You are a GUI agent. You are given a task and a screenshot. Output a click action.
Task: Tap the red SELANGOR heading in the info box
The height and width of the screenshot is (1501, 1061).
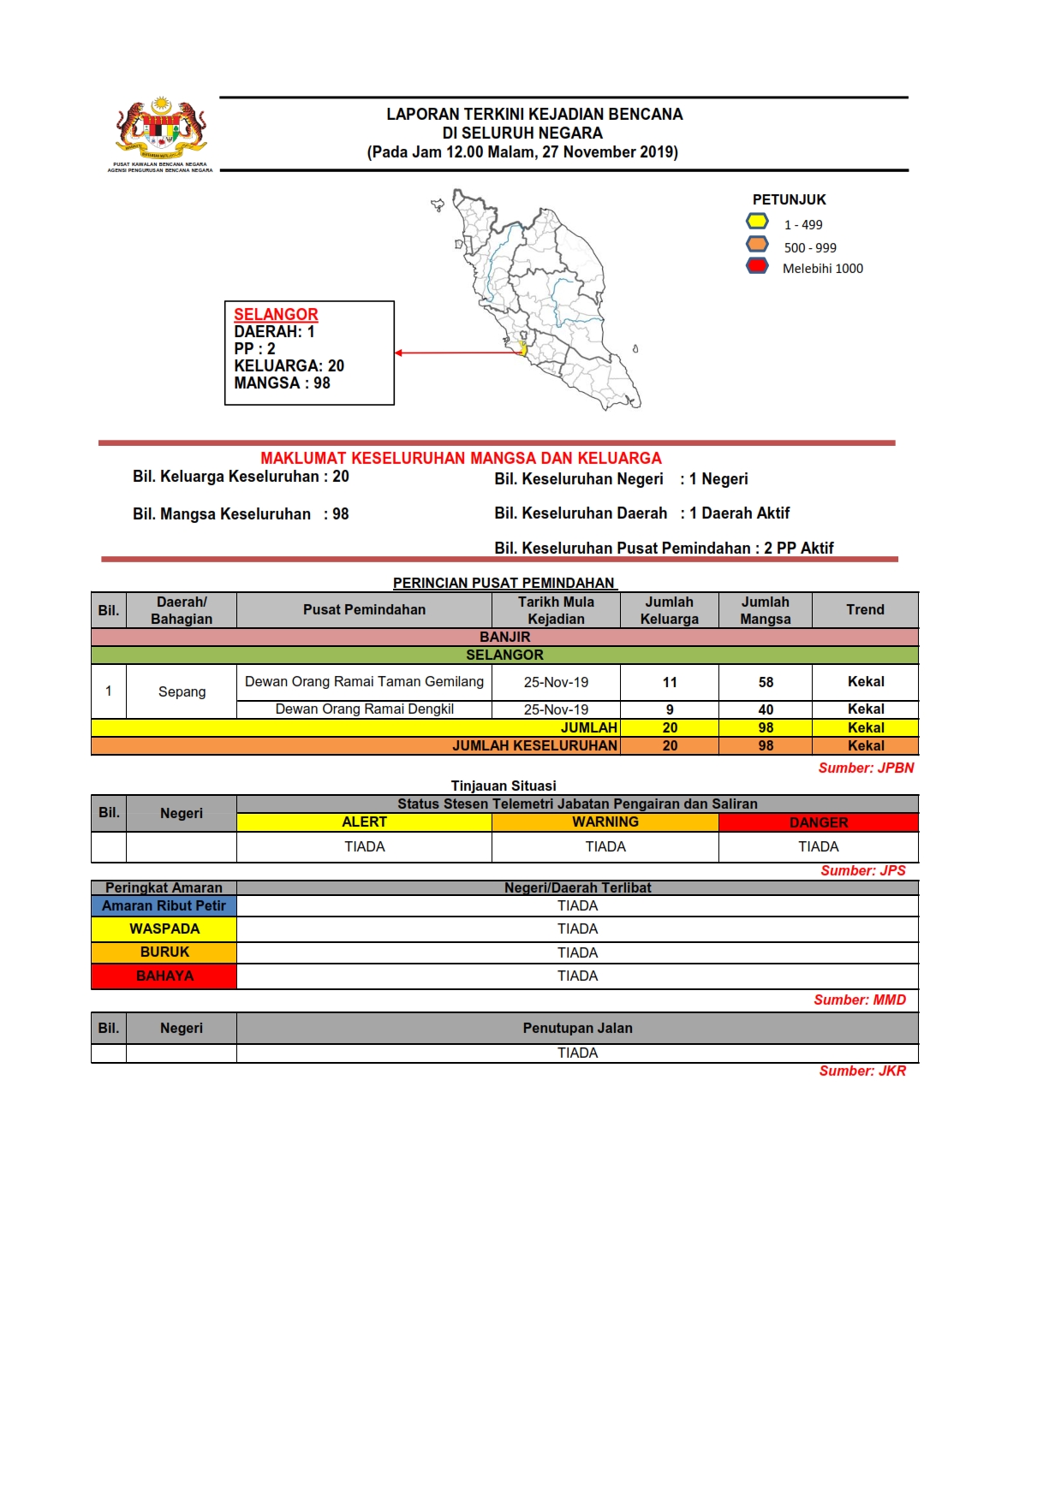276,314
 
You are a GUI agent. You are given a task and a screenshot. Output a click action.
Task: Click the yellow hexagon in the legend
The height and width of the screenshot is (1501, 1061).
757,222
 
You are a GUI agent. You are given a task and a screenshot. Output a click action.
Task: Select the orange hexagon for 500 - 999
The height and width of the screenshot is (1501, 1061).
757,244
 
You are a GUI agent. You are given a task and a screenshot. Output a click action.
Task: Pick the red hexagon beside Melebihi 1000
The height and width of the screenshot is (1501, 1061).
757,265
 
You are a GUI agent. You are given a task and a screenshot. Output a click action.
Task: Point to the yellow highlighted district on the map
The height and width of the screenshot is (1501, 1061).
523,347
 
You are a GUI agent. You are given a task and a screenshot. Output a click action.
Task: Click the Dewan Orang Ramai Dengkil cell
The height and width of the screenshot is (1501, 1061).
364,709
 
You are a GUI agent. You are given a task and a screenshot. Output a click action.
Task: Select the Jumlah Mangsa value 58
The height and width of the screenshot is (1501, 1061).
766,682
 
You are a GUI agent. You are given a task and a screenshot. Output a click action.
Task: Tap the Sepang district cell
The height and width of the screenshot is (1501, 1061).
182,691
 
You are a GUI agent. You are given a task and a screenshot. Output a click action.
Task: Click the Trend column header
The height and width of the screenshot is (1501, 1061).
865,609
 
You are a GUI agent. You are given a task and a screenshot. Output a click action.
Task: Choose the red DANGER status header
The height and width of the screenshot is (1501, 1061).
818,822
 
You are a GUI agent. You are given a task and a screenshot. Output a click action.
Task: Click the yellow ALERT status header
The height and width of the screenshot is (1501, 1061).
364,822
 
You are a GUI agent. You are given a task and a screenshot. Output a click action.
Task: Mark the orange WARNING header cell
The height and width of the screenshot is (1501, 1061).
605,822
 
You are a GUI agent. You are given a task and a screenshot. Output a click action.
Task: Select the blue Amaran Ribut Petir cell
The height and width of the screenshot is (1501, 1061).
164,905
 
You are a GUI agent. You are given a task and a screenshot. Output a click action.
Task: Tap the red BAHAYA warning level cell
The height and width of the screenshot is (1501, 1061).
164,976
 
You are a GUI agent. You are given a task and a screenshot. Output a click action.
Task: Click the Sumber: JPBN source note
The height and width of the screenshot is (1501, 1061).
866,768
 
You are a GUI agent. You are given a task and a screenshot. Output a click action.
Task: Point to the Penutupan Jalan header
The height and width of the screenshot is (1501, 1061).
577,1028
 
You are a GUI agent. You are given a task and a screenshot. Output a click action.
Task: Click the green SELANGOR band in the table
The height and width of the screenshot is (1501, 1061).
504,655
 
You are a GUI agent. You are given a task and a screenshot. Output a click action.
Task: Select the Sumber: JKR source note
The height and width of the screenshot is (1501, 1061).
862,1071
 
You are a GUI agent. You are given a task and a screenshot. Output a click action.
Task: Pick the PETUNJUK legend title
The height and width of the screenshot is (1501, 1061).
789,199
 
